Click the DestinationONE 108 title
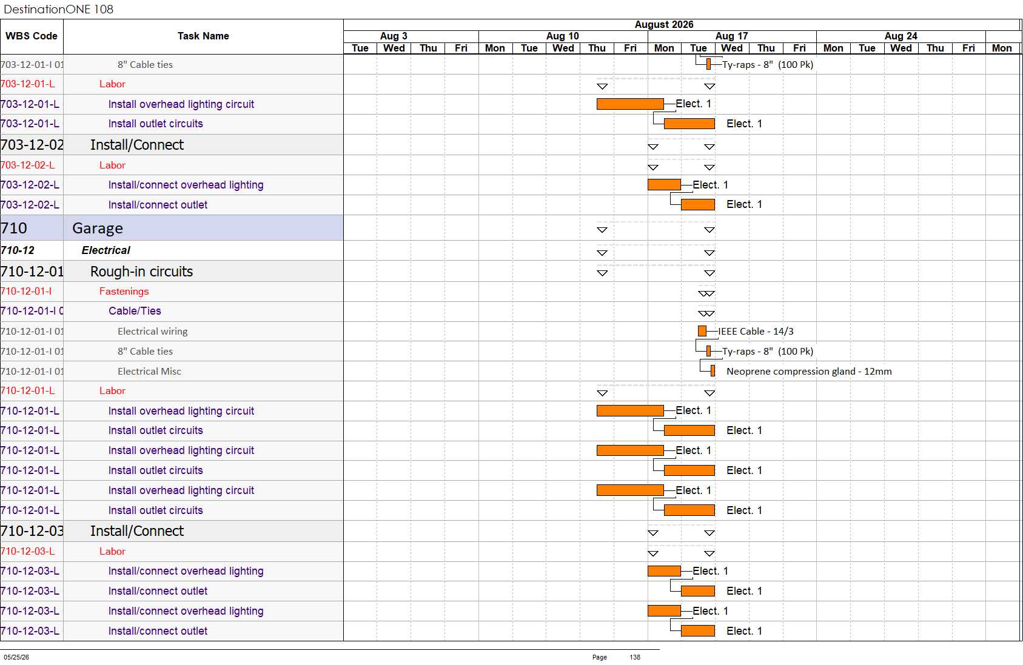coord(58,9)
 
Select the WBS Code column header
coord(32,36)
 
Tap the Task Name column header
coord(203,36)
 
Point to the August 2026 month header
coord(664,25)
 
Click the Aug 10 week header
coord(563,36)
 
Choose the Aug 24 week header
coord(901,36)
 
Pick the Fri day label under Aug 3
coord(461,48)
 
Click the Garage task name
coord(97,228)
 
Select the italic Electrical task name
coord(106,250)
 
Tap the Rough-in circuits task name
coord(141,272)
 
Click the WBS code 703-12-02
coord(32,145)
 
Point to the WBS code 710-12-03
coord(32,531)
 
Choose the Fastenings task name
coord(124,291)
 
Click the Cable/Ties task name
coord(135,311)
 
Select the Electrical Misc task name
coord(149,371)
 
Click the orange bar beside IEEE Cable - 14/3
coord(702,331)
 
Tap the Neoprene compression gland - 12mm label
coord(809,371)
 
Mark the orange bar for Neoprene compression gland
coord(713,371)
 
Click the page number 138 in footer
coord(635,657)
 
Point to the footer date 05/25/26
coord(16,657)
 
